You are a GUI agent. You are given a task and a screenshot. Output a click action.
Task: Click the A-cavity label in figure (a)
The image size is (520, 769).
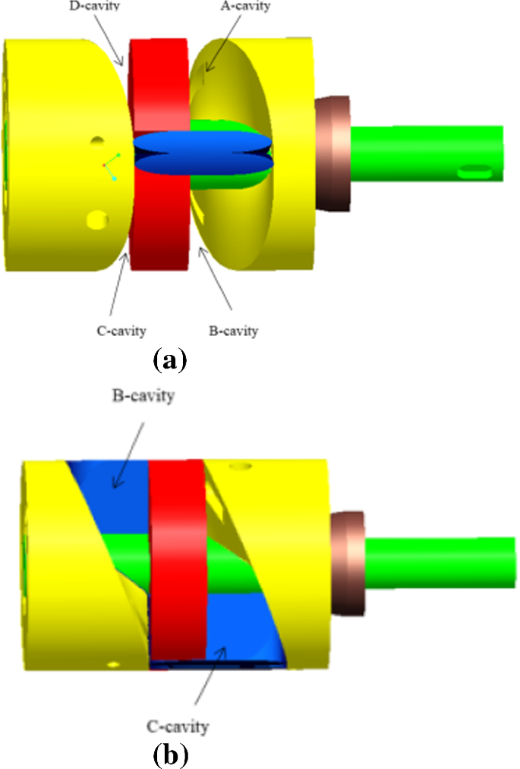247,7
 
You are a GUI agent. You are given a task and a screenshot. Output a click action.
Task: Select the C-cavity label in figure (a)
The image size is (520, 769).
115,331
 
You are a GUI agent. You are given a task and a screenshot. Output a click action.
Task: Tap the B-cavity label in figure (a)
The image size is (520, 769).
233,331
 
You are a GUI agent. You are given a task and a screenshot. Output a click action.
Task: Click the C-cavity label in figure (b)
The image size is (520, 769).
178,727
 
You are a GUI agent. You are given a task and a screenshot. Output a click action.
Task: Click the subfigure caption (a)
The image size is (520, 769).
169,359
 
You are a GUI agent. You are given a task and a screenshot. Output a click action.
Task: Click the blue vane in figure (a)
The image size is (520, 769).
201,152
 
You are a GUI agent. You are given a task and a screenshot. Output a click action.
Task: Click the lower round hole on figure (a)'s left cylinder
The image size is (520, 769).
98,220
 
